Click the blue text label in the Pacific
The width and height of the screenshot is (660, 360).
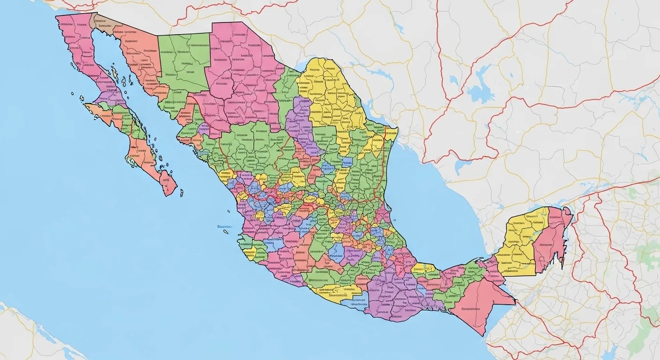click(225, 227)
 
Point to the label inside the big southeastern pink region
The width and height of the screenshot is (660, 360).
click(471, 309)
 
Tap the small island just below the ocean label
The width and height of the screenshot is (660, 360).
click(226, 232)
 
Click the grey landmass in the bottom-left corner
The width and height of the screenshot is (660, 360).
click(28, 337)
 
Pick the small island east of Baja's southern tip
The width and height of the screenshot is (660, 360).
click(181, 193)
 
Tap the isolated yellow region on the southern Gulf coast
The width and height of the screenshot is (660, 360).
click(423, 269)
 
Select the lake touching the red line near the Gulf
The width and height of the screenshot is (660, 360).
click(462, 166)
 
